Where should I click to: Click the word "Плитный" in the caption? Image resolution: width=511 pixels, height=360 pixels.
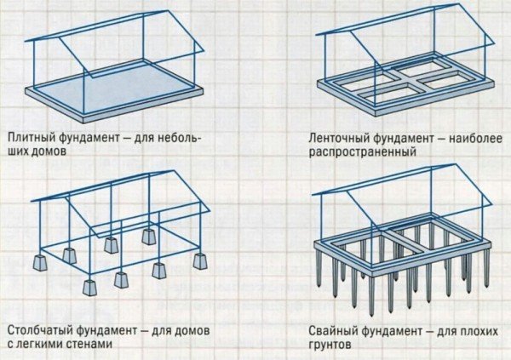tap(31, 136)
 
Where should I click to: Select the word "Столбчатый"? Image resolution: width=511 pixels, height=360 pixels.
tap(38, 329)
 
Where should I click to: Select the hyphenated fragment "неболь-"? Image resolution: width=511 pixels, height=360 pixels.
tap(190, 136)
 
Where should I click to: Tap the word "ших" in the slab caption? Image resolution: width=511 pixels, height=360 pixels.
tap(18, 154)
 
